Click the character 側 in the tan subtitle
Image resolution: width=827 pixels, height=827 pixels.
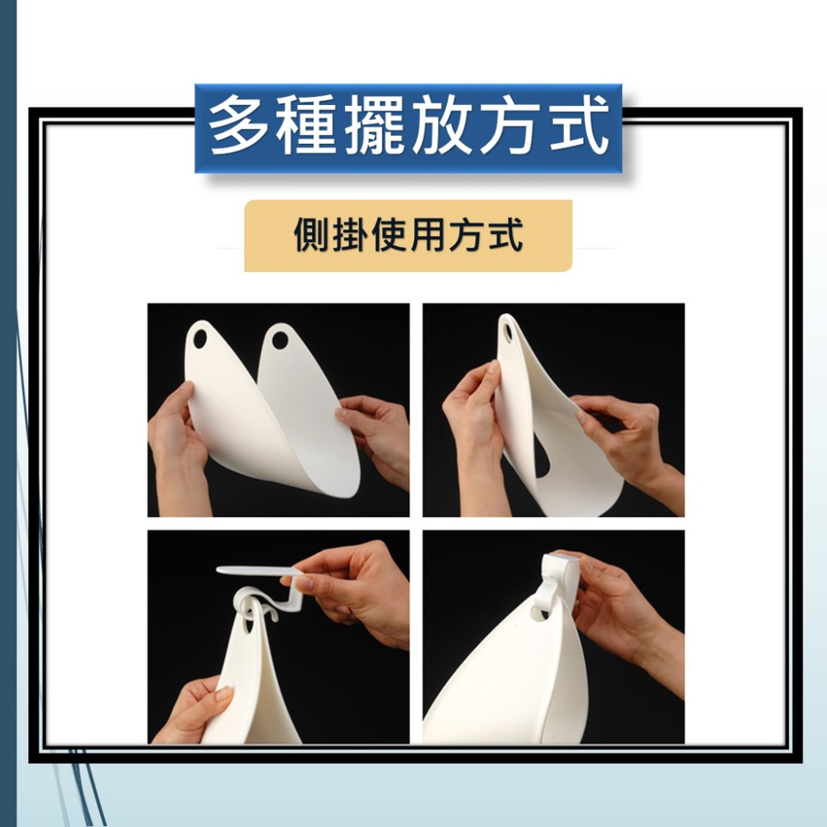[313, 235]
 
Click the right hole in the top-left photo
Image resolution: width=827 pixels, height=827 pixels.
[280, 339]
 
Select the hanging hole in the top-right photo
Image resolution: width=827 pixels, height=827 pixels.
[507, 332]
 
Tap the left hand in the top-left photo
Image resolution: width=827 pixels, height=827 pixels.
[176, 438]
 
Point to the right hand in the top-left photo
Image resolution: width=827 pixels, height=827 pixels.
[376, 430]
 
